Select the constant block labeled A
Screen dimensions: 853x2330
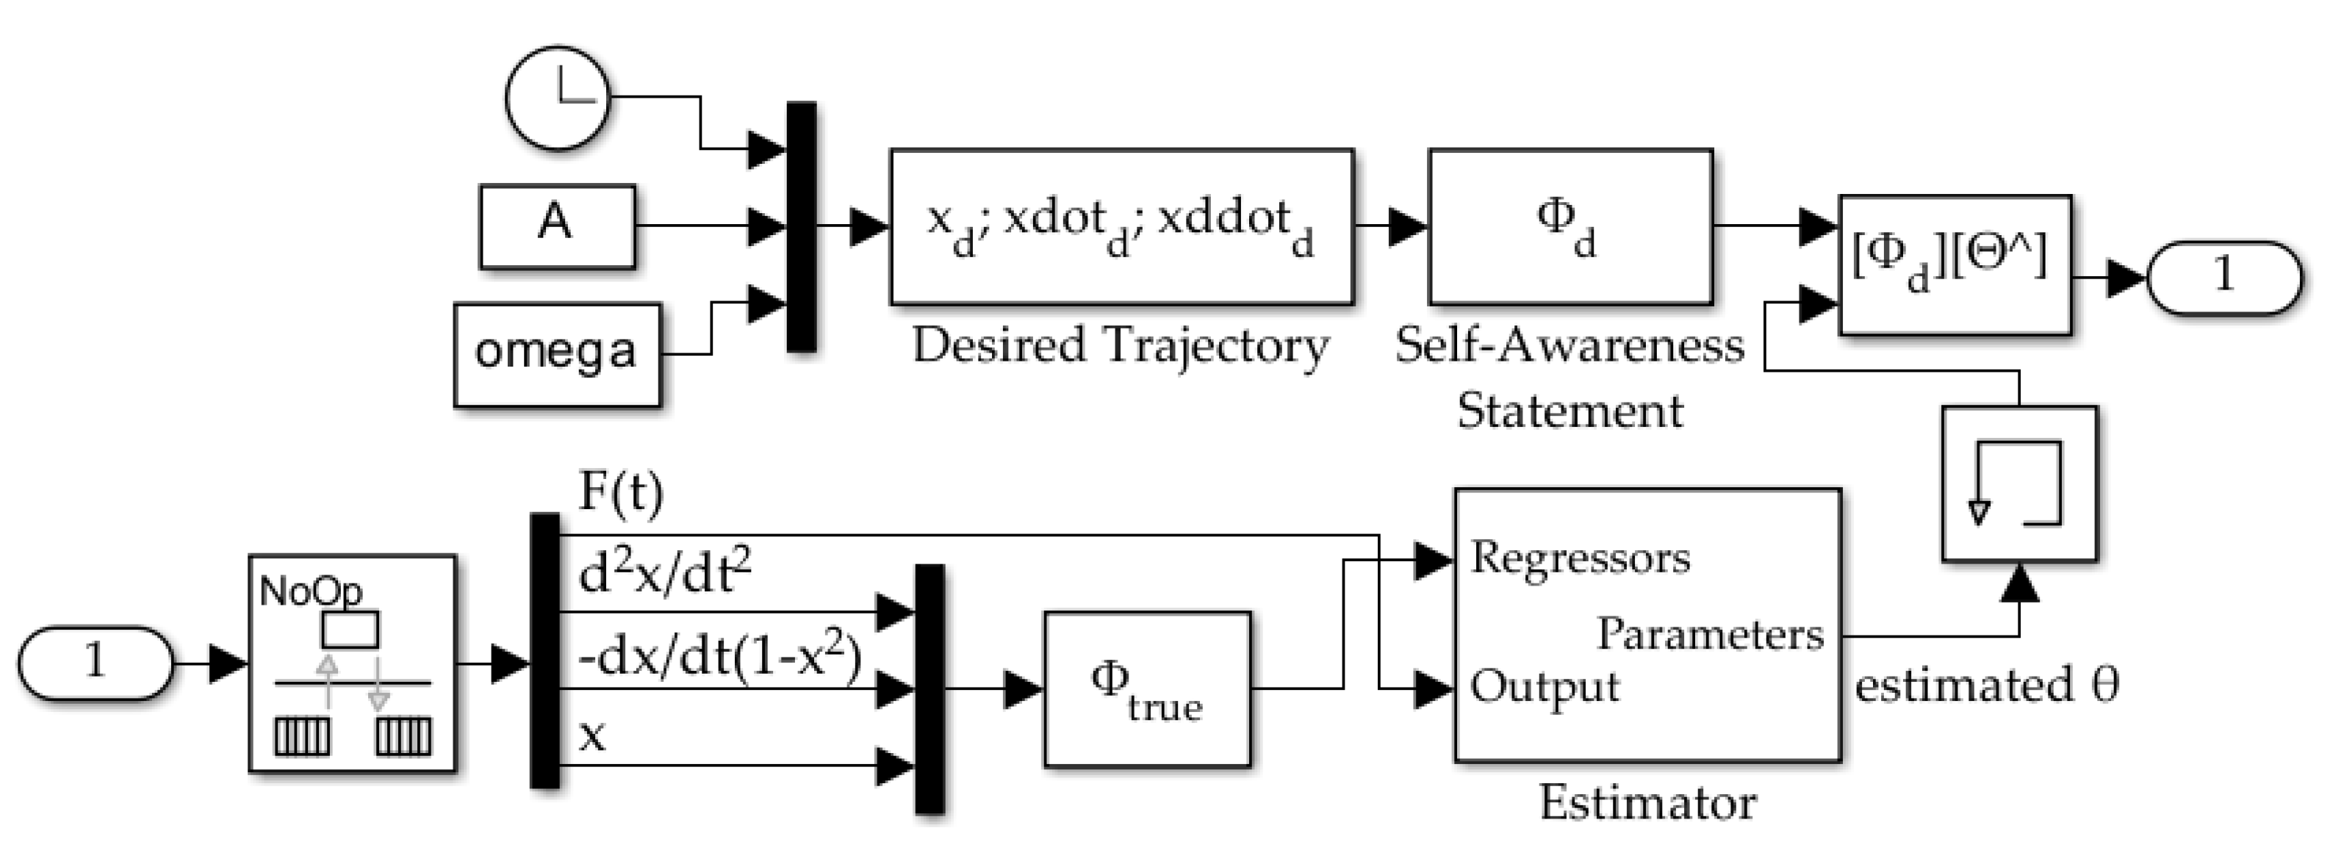point(556,226)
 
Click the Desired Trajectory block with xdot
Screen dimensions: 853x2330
point(1121,226)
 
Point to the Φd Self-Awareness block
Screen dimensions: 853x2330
point(1569,226)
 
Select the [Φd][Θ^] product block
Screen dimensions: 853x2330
point(1955,265)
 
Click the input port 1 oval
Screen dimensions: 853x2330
point(95,662)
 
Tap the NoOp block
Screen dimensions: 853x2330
point(352,663)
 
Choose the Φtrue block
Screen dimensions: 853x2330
point(1147,689)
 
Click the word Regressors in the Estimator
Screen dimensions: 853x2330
point(1579,558)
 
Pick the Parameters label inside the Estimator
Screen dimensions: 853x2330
point(1710,634)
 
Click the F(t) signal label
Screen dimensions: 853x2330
point(620,493)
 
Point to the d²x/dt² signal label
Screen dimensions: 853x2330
point(665,574)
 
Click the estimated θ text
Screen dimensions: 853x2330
point(1986,685)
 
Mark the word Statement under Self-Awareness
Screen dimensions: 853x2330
point(1569,411)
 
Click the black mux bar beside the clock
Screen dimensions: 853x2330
point(802,226)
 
